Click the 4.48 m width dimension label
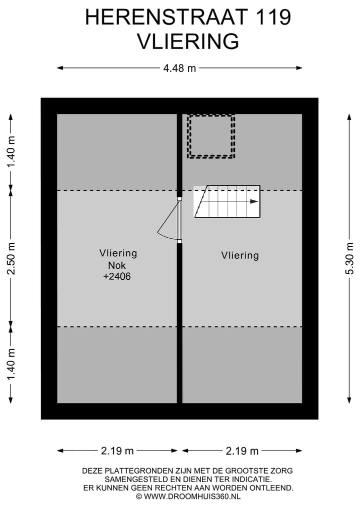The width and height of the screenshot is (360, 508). [179, 68]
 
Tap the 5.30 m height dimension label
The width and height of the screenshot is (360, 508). [349, 259]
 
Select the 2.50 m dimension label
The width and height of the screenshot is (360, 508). [11, 259]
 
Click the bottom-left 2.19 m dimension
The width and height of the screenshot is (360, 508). [117, 451]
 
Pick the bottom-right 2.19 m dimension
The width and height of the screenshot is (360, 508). [242, 451]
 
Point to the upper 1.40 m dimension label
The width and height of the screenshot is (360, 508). [11, 152]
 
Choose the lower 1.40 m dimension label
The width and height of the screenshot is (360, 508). [11, 365]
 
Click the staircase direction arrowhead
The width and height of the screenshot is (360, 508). [254, 201]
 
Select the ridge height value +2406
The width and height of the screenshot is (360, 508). [117, 276]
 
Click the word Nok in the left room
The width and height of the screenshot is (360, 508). [117, 265]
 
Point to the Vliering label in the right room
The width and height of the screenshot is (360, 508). [240, 255]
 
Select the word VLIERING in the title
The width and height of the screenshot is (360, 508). [188, 41]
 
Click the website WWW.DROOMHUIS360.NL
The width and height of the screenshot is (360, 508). [192, 497]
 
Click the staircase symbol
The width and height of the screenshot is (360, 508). [227, 201]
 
